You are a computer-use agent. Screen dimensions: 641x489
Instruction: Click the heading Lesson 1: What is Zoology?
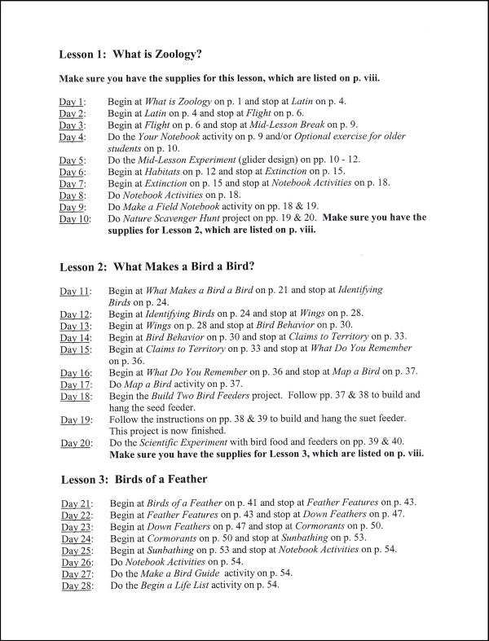coord(130,55)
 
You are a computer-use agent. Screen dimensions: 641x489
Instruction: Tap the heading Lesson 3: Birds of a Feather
coord(133,478)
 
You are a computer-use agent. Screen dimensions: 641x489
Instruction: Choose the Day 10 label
coord(74,219)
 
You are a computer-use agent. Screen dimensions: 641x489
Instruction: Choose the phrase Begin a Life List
coord(189,586)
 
